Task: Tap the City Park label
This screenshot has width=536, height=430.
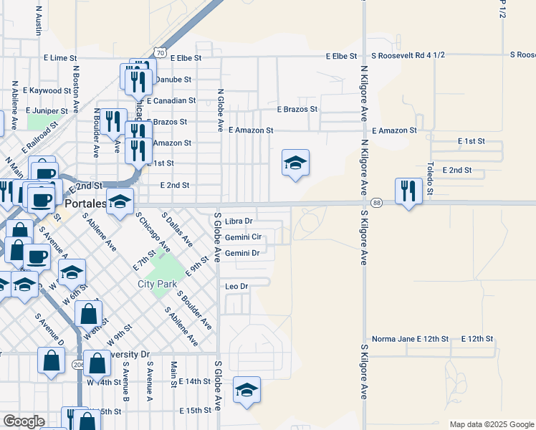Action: tap(157, 284)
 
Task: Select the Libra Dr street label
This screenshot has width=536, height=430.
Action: tap(239, 221)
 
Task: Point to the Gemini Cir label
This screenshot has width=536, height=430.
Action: tap(243, 237)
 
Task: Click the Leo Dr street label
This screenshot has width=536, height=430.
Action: tap(236, 287)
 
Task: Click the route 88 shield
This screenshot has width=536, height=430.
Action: tap(376, 204)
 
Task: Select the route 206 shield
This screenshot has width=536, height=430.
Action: tap(77, 365)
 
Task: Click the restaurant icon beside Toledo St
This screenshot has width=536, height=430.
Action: tap(408, 191)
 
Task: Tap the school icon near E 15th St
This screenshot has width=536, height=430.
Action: tap(247, 390)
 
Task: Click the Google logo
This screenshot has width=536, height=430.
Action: tap(24, 421)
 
